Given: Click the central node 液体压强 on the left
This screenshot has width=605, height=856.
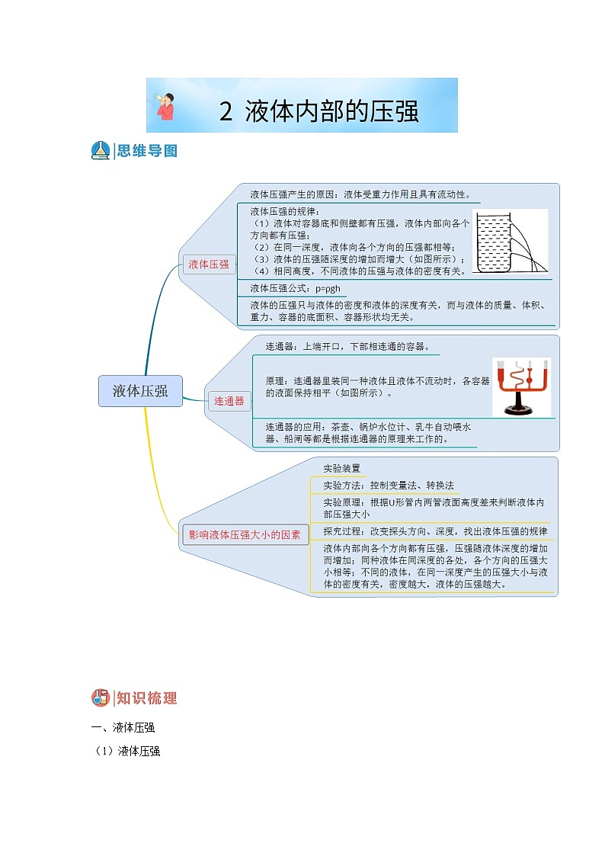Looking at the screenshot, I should coord(140,391).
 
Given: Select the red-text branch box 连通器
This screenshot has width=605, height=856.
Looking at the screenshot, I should coord(229,401).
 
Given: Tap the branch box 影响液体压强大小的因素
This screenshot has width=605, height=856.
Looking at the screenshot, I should coord(245,535).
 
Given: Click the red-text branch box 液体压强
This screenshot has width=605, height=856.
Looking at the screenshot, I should coord(209,264).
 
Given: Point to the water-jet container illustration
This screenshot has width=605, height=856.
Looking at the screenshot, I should coord(510,241).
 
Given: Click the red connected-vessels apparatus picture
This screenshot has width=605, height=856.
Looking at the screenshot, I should coord(521,386).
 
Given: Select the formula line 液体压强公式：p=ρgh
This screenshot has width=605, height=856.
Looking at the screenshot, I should coord(295,288).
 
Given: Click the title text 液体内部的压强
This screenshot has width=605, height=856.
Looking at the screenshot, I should coord(332,112).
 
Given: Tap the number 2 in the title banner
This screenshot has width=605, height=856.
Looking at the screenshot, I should coord(226,112).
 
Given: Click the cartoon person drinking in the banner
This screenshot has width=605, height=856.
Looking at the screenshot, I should coord(165,106).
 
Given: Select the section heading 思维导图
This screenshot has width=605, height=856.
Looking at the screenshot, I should coord(148,151).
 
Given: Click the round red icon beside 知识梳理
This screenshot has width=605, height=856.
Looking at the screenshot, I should coord(101,697).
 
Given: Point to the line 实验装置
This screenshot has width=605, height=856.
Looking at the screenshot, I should coord(341,468).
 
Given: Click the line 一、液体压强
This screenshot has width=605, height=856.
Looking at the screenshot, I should coord(123,726).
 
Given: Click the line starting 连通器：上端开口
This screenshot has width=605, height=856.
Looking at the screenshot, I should coord(347,346).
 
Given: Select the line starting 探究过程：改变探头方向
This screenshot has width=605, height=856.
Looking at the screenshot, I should coord(434,531).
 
